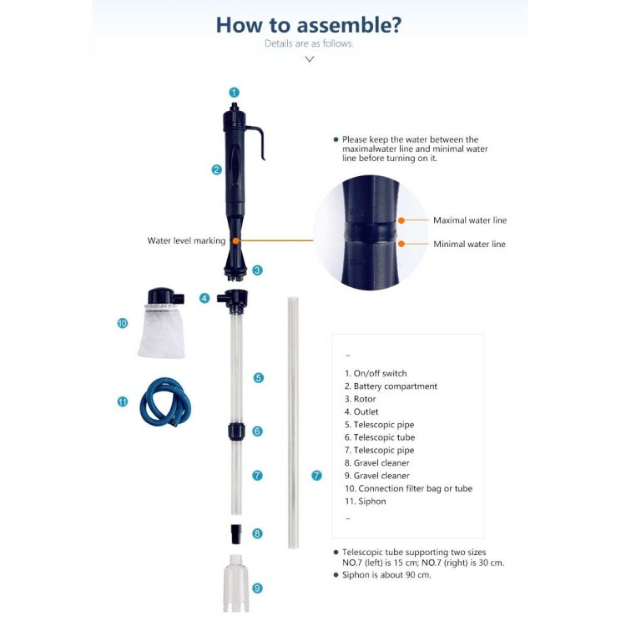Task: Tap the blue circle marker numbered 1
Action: tap(235, 93)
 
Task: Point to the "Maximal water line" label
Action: tap(469, 220)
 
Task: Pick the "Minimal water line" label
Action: tap(468, 245)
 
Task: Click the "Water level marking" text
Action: tap(186, 240)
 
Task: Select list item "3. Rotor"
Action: tap(360, 399)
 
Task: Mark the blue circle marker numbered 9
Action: tap(257, 588)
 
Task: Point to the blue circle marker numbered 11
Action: tap(123, 401)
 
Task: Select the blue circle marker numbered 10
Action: tap(123, 323)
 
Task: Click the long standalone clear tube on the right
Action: tap(293, 422)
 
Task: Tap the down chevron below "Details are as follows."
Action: tap(310, 59)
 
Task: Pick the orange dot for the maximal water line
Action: tap(401, 221)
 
